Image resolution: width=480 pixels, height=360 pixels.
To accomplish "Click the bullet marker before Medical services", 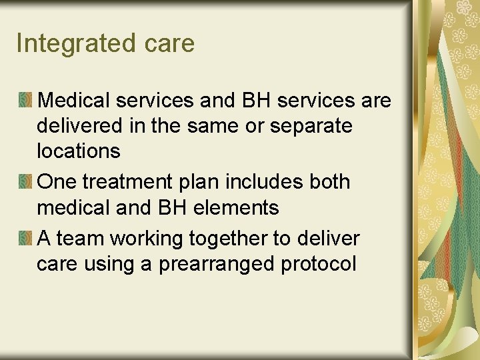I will [x=25, y=101].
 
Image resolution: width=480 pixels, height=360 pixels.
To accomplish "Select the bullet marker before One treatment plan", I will [x=25, y=182].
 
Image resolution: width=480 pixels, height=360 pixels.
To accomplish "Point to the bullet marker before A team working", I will [x=25, y=238].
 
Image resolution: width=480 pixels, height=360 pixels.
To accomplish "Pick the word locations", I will [x=79, y=151].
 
